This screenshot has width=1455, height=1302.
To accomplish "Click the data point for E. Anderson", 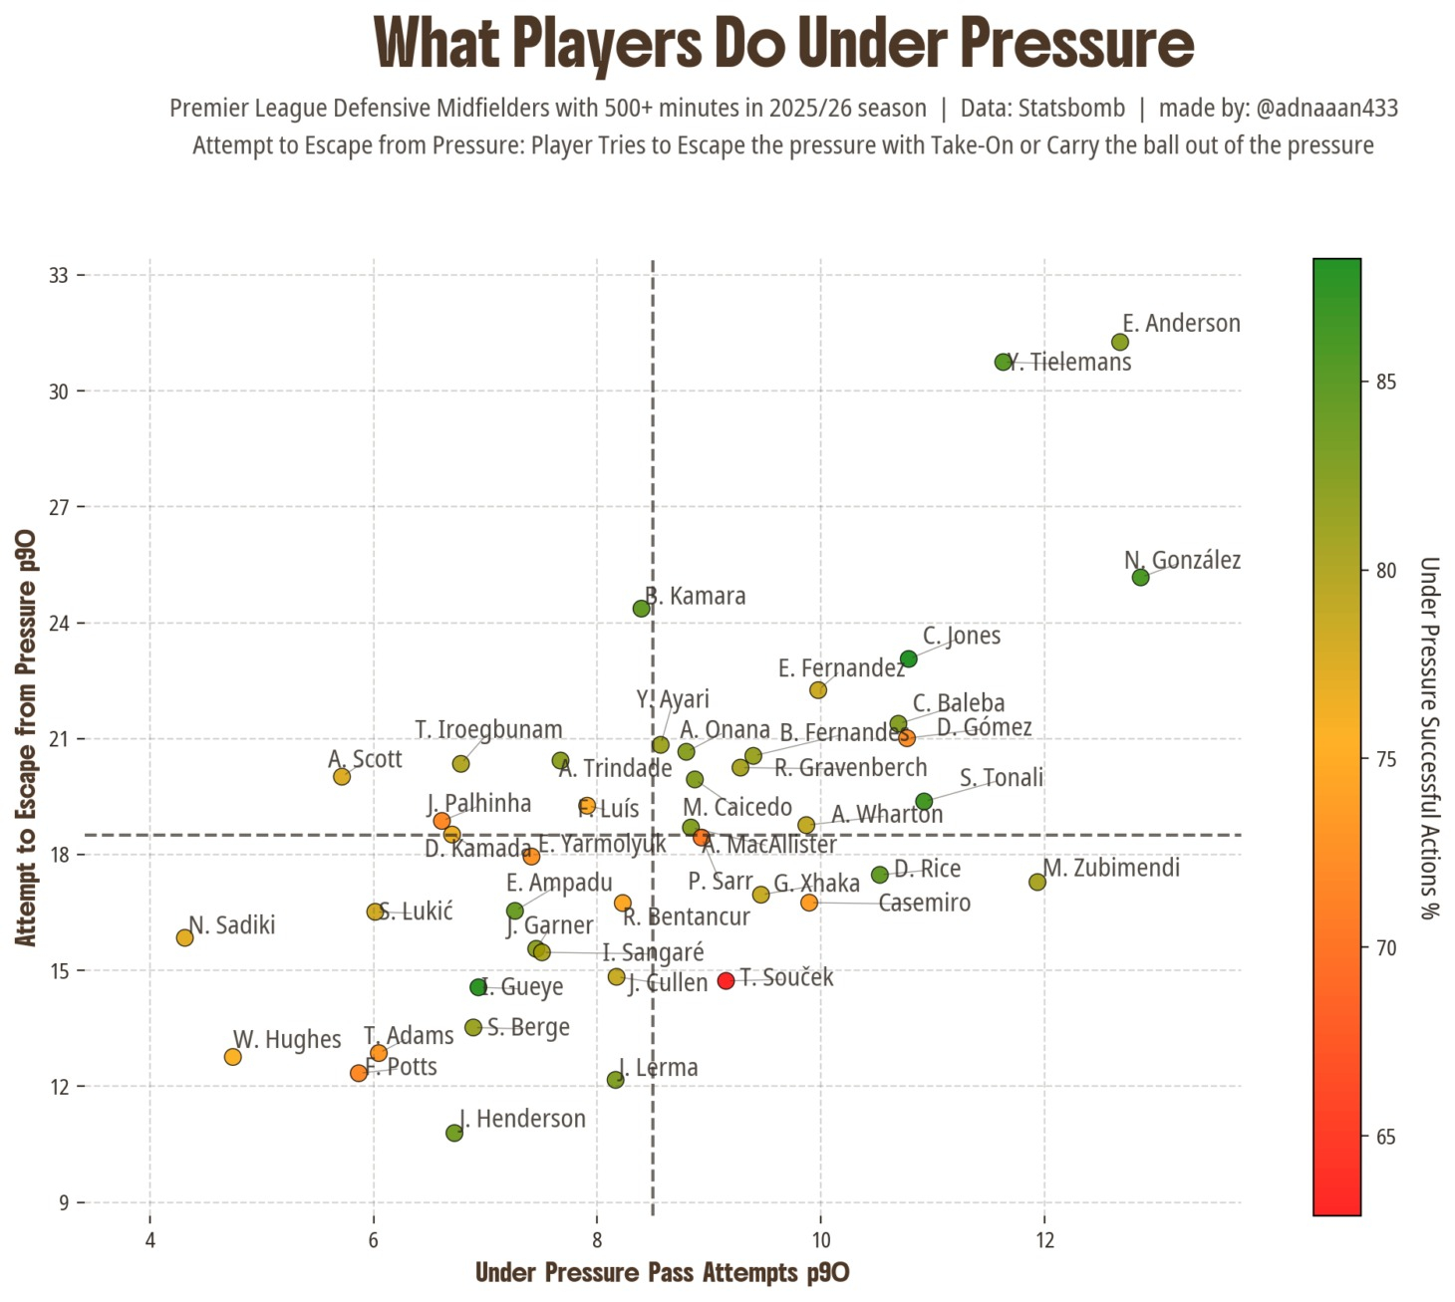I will [1119, 342].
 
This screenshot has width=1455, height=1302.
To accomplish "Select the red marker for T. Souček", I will [726, 980].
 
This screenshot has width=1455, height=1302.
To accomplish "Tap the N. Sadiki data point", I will [184, 937].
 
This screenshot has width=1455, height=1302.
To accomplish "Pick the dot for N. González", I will [1141, 577].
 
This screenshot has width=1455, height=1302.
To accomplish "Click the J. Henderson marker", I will [454, 1133].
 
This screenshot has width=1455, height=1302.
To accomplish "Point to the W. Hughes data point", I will [232, 1057].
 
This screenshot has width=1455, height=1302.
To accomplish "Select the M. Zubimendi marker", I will [1036, 882].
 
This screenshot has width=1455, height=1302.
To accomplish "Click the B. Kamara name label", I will [696, 596].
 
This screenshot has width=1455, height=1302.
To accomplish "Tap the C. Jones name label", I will [962, 636].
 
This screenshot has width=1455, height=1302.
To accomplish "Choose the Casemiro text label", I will [924, 903].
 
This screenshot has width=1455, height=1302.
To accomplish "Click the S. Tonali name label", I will [1002, 777].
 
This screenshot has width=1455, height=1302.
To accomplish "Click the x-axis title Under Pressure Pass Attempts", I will [662, 1272].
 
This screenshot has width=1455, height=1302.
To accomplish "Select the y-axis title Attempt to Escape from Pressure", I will [26, 737].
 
